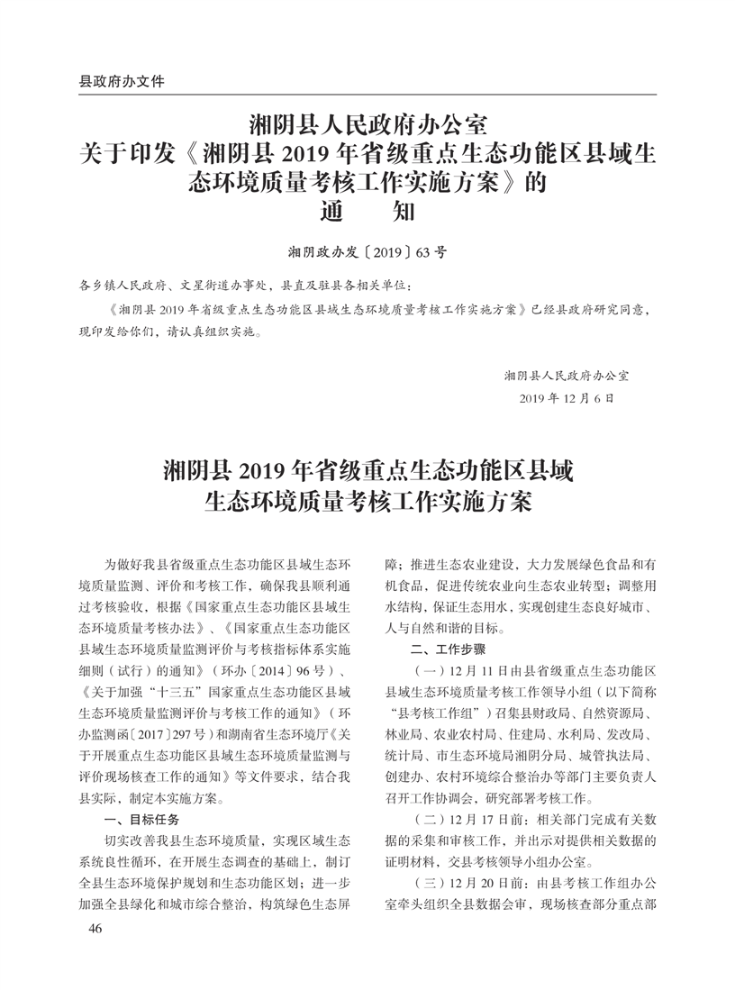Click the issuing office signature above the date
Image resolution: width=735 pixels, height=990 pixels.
(567, 374)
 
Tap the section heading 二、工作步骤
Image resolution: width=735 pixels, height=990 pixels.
(442, 649)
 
